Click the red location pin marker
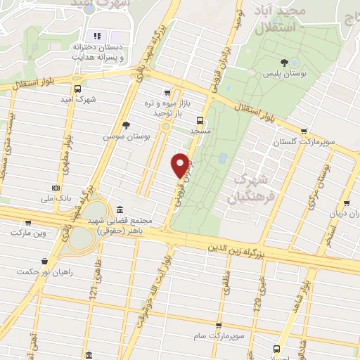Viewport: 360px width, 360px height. pyautogui.click(x=181, y=165)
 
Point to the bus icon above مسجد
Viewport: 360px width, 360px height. pyautogui.click(x=200, y=120)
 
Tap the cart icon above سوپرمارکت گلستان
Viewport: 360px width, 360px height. pyautogui.click(x=303, y=131)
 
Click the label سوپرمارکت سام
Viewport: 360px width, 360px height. pyautogui.click(x=219, y=337)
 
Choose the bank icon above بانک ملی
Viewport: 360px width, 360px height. pyautogui.click(x=56, y=188)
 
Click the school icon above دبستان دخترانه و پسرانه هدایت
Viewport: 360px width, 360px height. pyautogui.click(x=98, y=36)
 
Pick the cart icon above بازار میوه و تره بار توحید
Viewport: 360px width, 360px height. pyautogui.click(x=167, y=91)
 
